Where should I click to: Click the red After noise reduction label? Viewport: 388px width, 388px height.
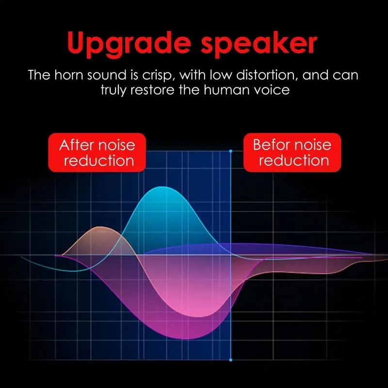[97, 152]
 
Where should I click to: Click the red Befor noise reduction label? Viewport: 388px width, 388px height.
[292, 152]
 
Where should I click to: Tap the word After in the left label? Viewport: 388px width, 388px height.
[77, 145]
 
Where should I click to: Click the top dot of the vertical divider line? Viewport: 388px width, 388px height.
[230, 151]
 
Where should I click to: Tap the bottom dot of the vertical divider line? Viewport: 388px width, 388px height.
[230, 360]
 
